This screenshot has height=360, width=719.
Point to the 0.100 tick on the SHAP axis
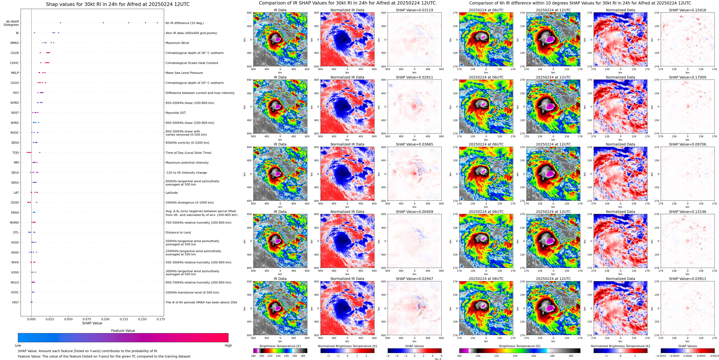(105, 319)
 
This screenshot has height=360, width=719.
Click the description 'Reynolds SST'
(175, 113)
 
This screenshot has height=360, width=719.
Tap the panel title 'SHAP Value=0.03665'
(414, 144)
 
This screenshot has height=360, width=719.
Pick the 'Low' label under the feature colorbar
(18, 345)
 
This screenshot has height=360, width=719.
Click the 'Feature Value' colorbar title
(123, 331)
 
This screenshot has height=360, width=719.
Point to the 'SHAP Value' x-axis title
(92, 323)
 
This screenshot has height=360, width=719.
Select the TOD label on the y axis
(15, 153)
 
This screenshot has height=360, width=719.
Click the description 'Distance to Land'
(178, 232)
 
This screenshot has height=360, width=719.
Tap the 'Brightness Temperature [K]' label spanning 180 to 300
(520, 346)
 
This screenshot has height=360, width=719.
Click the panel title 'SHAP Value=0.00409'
(414, 212)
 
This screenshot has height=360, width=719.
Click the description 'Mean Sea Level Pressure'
(184, 73)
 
